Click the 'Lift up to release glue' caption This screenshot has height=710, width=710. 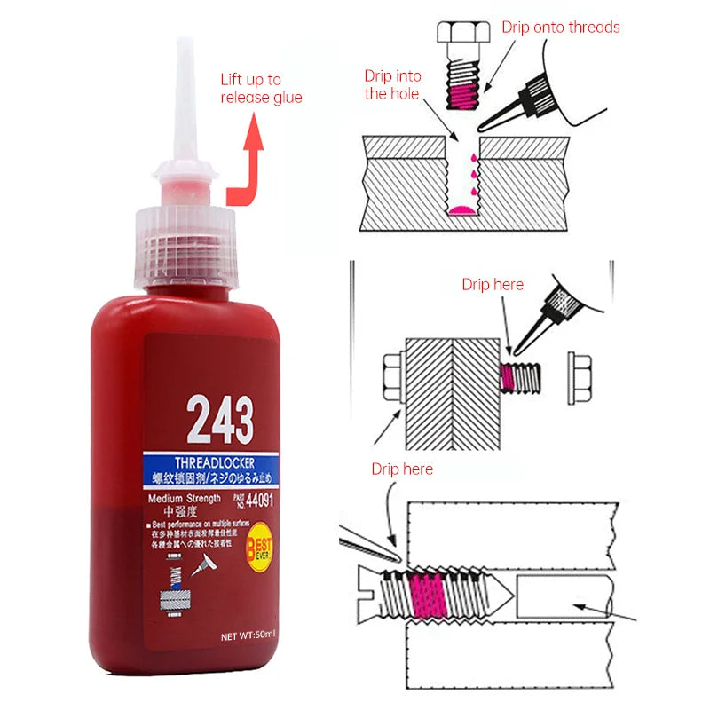[261, 88]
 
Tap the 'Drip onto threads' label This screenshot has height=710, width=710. [560, 27]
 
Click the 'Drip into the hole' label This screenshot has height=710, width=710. [391, 84]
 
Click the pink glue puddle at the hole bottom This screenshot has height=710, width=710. [462, 209]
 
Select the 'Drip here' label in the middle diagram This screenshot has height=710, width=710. [493, 285]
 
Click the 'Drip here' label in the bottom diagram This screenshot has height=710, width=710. [402, 468]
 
